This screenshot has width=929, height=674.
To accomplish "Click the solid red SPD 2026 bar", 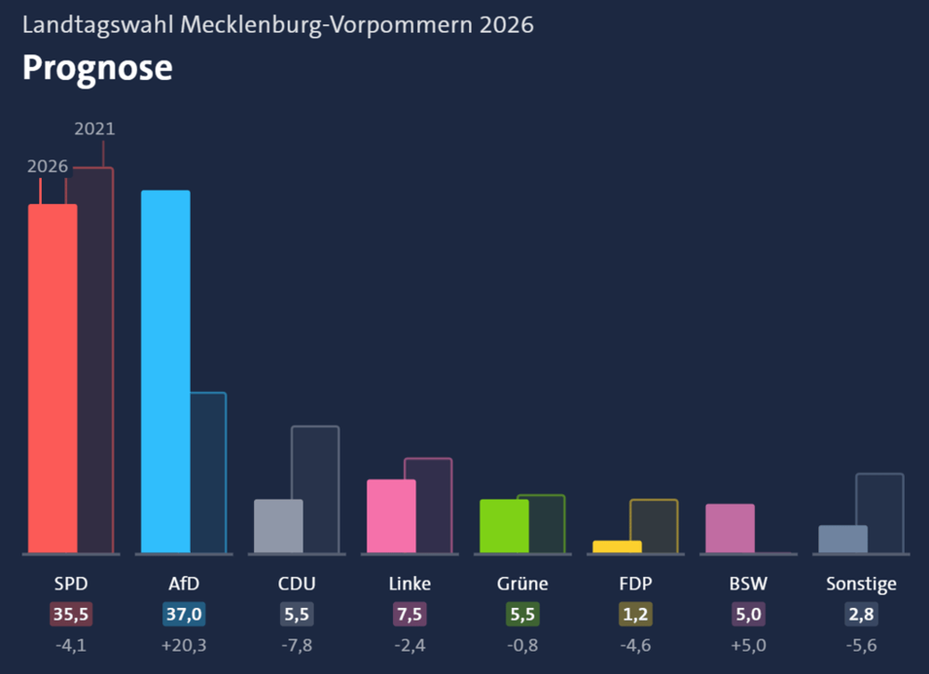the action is click(x=53, y=379).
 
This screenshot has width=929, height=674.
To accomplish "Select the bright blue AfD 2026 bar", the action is click(x=166, y=372).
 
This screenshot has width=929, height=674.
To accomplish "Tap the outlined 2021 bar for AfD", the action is click(x=209, y=473).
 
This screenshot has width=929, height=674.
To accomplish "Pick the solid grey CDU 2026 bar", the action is click(x=278, y=527).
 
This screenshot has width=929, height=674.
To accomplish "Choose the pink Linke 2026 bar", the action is click(x=392, y=517).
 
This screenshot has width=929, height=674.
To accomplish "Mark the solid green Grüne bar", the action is click(x=505, y=527).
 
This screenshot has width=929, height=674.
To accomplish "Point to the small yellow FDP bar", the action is click(x=617, y=546).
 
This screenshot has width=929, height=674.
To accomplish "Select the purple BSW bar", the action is click(x=730, y=528).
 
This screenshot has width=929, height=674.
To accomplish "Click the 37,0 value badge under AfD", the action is click(x=183, y=614).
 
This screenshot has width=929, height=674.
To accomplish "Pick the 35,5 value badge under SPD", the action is click(x=71, y=614).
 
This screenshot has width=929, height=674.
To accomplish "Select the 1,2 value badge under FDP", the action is click(x=636, y=614).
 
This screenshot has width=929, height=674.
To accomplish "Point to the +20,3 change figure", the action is click(x=183, y=645).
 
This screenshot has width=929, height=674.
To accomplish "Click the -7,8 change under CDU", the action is click(x=297, y=645).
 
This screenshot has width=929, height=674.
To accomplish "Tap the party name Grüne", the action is click(x=522, y=584).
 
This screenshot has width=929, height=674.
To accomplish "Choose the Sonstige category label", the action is click(x=861, y=585).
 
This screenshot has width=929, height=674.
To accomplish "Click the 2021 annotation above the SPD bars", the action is click(x=95, y=128).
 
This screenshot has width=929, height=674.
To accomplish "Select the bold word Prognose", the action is click(x=98, y=69).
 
